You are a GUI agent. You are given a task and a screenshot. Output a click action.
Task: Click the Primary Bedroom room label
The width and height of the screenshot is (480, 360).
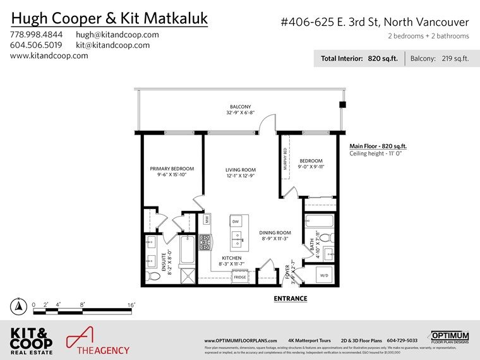coord(172,169)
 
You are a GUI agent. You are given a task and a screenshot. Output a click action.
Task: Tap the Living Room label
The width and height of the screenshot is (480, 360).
coord(241,169)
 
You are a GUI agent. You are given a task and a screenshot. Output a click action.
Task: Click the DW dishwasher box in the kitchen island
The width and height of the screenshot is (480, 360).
coord(236,222)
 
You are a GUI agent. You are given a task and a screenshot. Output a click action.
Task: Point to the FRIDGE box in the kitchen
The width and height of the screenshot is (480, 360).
coord(239,278)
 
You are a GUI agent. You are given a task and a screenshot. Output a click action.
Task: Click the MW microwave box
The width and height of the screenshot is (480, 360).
coord(206,220)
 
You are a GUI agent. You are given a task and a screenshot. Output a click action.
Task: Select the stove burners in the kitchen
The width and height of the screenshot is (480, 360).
coord(206,243)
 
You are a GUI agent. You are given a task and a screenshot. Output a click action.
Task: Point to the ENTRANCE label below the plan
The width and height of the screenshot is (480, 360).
coord(290,299)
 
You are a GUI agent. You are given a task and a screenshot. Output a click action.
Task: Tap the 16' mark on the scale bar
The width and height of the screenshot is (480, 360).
coord(131,305)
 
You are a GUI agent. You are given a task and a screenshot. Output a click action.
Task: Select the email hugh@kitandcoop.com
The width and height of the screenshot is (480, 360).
coord(117,35)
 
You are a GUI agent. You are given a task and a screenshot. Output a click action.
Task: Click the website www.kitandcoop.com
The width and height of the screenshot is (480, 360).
coord(49,56)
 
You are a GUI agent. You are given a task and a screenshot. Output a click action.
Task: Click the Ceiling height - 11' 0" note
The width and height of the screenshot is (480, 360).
coord(375,153)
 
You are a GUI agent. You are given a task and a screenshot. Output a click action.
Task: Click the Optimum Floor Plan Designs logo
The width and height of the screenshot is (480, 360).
coord(450,338)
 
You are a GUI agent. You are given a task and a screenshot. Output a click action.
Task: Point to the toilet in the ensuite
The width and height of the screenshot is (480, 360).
coord(152,277)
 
